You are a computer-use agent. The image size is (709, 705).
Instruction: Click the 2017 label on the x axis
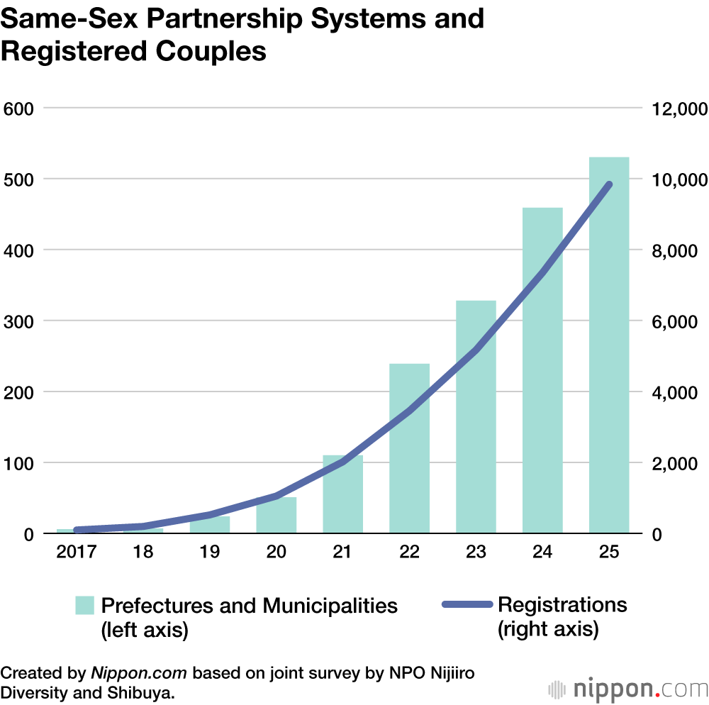[76, 553]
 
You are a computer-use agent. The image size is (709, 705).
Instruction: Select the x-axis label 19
[210, 553]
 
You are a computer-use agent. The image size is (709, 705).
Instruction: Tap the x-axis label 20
[277, 553]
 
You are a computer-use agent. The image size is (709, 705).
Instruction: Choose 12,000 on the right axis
[674, 109]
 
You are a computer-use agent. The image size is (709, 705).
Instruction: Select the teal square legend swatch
[85, 605]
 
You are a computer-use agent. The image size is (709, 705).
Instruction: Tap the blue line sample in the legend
[467, 605]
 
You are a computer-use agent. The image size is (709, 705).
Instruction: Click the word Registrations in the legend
[562, 605]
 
